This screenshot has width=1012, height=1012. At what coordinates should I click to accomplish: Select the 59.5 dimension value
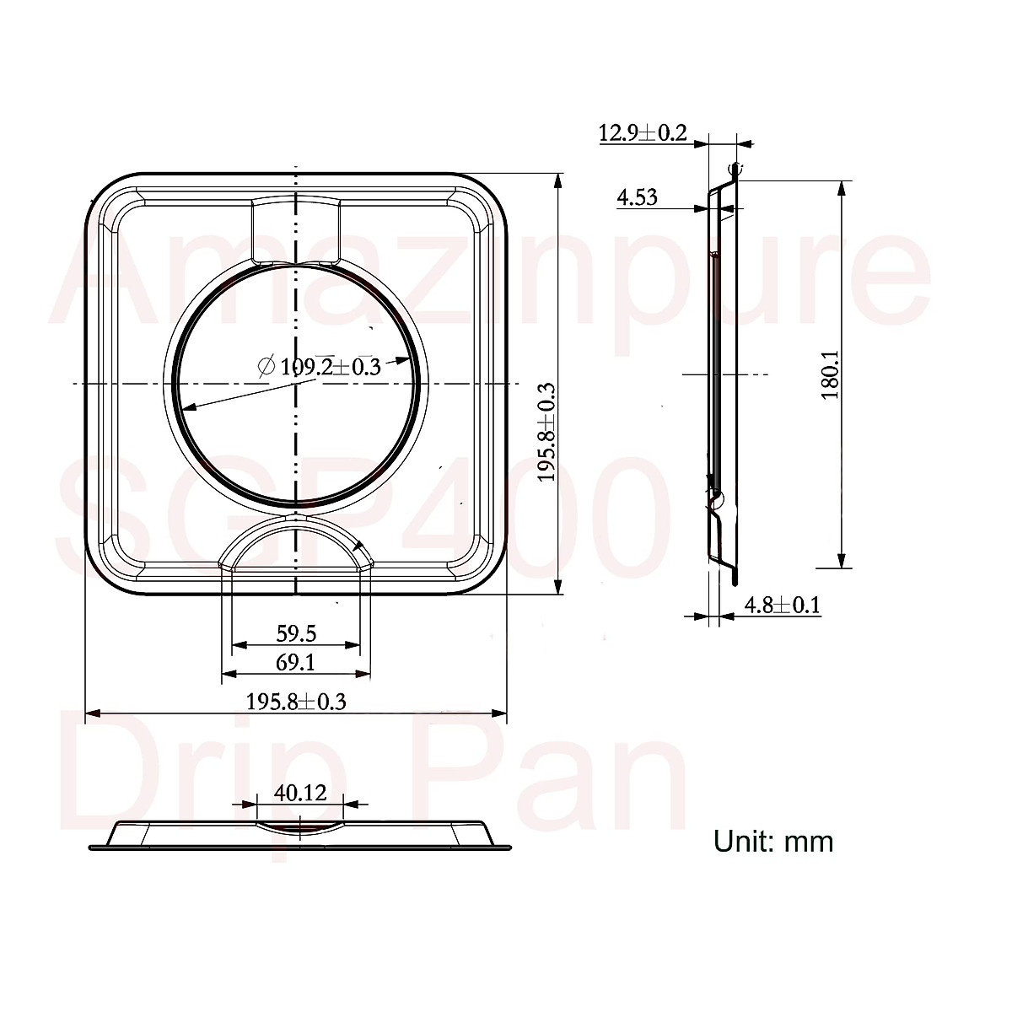(296, 632)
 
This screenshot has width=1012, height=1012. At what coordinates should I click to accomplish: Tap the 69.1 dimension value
(296, 663)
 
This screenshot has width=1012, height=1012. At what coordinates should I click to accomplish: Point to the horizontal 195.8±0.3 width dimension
(296, 701)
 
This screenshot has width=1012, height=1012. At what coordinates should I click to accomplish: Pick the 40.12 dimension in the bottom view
(300, 793)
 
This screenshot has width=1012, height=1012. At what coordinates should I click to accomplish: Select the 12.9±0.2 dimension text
(643, 132)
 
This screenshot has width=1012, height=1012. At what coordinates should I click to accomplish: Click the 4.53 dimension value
(637, 198)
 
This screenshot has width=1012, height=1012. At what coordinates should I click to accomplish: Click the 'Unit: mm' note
(773, 841)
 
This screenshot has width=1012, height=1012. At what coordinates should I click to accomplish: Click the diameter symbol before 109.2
(265, 366)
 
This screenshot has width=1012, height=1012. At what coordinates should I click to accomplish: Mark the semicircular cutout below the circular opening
(296, 544)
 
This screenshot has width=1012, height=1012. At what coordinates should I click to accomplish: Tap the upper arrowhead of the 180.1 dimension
(841, 187)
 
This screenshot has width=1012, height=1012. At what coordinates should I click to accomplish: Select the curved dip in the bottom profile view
(300, 826)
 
